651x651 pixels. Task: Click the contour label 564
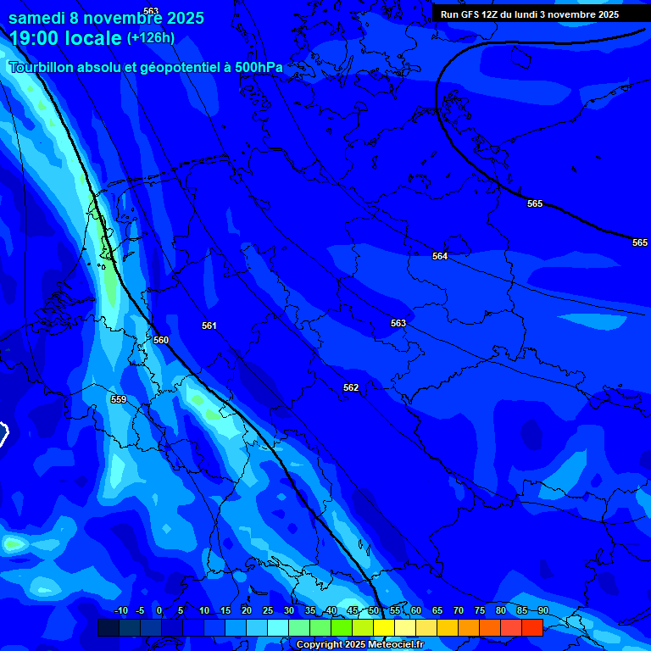(x=439, y=256)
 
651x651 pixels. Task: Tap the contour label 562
(x=351, y=387)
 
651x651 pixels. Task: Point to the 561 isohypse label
(x=209, y=325)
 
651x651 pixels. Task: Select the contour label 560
(x=161, y=340)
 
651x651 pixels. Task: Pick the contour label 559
(x=119, y=399)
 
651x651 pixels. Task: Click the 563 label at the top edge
(x=151, y=11)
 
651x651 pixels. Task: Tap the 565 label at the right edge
(x=640, y=242)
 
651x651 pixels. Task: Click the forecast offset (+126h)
(x=151, y=37)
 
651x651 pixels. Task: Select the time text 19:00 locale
(x=65, y=38)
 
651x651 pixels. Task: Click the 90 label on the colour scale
(x=542, y=610)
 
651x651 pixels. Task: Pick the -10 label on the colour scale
(x=120, y=610)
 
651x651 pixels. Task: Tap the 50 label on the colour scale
(x=374, y=610)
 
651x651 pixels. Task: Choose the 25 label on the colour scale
(x=268, y=610)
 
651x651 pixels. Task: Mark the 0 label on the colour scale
(x=159, y=610)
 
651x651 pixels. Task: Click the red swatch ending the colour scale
(x=531, y=627)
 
